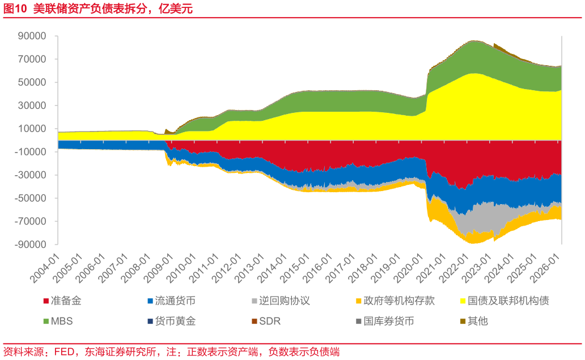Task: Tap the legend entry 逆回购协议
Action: pos(283,301)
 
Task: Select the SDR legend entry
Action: pos(269,321)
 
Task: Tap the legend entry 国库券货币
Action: pos(388,321)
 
